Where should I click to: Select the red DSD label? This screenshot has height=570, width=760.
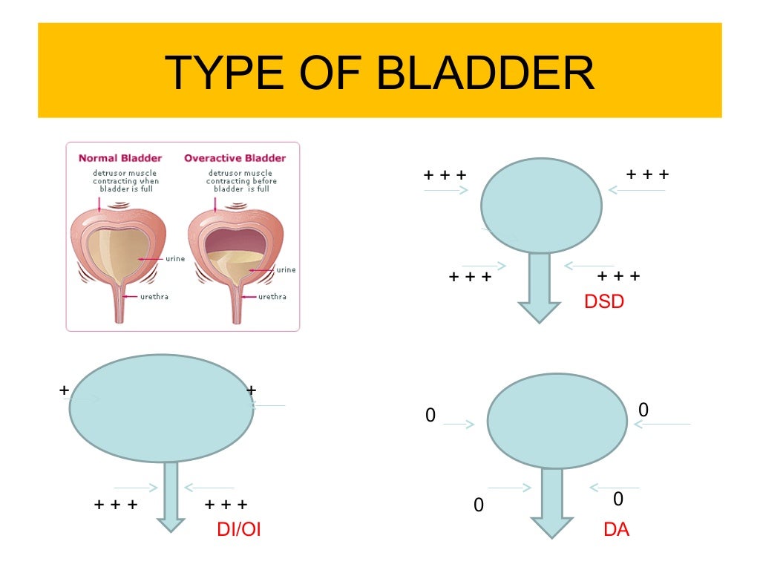click(x=604, y=301)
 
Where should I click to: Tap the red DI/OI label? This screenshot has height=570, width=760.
click(x=238, y=529)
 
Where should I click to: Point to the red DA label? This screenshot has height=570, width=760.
click(x=617, y=530)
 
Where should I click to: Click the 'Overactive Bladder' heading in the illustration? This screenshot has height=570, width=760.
click(x=235, y=158)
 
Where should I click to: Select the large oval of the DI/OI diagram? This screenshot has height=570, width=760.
click(x=161, y=408)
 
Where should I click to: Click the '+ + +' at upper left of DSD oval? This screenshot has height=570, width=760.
click(x=445, y=175)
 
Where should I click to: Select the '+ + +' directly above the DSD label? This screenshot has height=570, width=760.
click(x=619, y=276)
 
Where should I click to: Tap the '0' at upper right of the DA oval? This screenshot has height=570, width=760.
click(x=643, y=410)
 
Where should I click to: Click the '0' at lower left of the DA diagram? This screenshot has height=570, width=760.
click(x=478, y=505)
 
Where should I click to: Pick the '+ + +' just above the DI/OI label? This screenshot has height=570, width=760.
click(x=226, y=505)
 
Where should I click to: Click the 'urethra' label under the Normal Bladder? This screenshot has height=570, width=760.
click(x=154, y=297)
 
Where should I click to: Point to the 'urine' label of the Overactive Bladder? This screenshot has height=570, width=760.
click(x=286, y=270)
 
